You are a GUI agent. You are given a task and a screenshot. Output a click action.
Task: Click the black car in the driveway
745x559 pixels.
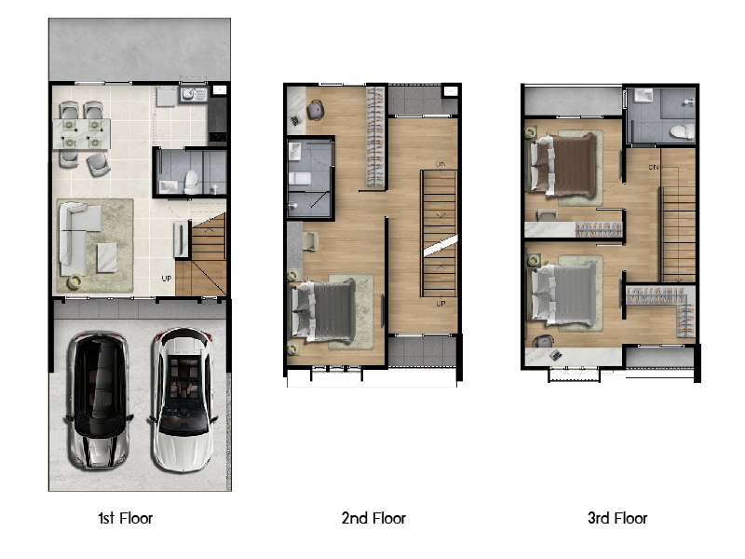(x=99, y=401)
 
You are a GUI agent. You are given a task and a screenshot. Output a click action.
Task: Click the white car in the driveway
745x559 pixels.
(x=183, y=400)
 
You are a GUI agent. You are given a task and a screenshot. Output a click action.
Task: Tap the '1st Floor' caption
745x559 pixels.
(x=126, y=518)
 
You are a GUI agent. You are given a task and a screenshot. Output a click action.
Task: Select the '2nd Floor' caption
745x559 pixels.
(x=373, y=518)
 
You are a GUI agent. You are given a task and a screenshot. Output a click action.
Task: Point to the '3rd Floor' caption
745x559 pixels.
(x=617, y=518)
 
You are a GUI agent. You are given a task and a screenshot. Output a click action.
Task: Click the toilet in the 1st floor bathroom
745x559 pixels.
(x=192, y=182)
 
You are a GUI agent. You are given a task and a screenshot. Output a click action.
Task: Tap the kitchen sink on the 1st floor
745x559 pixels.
(x=194, y=95)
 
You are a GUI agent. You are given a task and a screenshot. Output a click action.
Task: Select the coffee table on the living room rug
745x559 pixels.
(x=107, y=258)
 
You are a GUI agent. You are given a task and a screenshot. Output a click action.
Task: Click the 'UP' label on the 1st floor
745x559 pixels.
(x=167, y=279)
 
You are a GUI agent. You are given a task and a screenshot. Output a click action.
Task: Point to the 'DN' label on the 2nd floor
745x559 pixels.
(x=440, y=164)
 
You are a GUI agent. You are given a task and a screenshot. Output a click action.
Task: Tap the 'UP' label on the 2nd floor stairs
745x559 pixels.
(x=440, y=304)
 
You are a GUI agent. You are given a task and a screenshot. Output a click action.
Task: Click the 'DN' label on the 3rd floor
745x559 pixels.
(x=655, y=168)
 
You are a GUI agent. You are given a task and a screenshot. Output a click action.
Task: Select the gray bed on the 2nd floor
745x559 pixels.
(x=324, y=310)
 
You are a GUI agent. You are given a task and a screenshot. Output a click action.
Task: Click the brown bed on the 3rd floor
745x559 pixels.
(x=563, y=164)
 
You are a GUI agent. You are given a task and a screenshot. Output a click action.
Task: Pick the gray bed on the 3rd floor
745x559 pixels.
(x=563, y=293)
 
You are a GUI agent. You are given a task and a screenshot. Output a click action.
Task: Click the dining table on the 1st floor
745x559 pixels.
(x=81, y=133)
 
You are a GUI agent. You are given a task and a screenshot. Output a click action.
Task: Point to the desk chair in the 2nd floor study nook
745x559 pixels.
(x=315, y=110)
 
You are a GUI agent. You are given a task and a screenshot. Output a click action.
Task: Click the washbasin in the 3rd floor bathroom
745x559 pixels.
(x=643, y=96)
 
